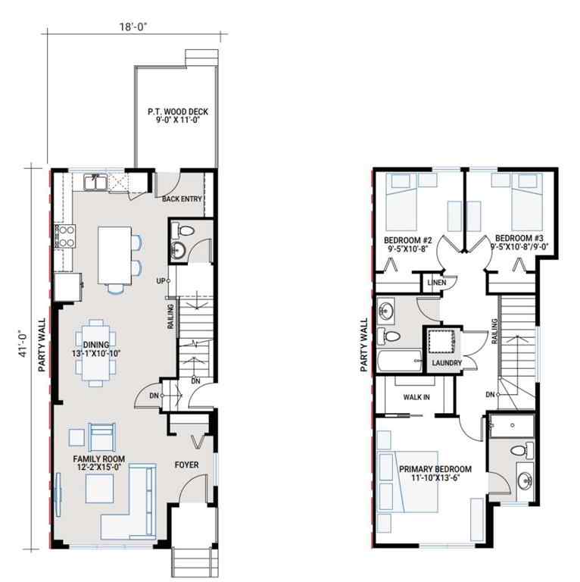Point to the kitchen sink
click(x=95, y=182)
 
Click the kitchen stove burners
click(x=64, y=236)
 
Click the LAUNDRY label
click(x=447, y=364)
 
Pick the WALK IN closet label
click(x=417, y=396)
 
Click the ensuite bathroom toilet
click(x=519, y=451)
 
